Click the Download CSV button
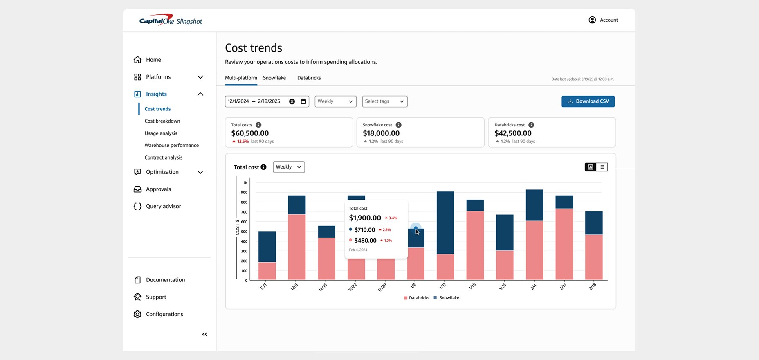(588, 101)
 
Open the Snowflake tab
(274, 78)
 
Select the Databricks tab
(309, 78)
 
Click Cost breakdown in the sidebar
(162, 121)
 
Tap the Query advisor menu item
(163, 206)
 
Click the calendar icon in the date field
(303, 101)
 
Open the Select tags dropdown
(384, 101)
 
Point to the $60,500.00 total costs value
(250, 133)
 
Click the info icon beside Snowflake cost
(398, 125)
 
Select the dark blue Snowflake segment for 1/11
(445, 223)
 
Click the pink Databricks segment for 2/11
(564, 244)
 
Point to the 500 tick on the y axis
(244, 232)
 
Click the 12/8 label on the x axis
(294, 287)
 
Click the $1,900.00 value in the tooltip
(365, 218)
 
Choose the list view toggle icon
(602, 167)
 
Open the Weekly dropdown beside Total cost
(288, 167)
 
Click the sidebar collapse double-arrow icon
(204, 334)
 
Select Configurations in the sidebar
(164, 314)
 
